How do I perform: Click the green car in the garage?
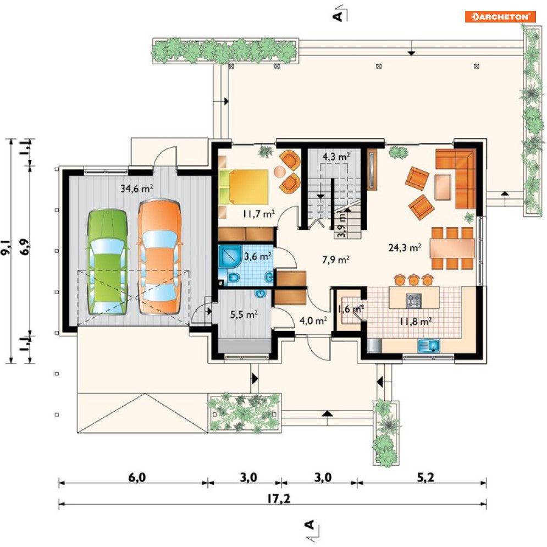pyautogui.click(x=107, y=262)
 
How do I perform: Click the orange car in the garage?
pyautogui.click(x=160, y=257)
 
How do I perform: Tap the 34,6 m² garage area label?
pyautogui.click(x=136, y=189)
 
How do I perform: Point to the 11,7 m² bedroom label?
pyautogui.click(x=258, y=213)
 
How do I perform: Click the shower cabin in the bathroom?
pyautogui.click(x=230, y=256)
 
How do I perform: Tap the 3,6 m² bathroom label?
pyautogui.click(x=257, y=256)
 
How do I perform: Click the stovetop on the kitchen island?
pyautogui.click(x=414, y=301)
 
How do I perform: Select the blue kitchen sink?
pyautogui.click(x=429, y=346)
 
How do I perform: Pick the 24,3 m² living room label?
pyautogui.click(x=405, y=247)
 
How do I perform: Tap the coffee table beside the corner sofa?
pyautogui.click(x=443, y=187)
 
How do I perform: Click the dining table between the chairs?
pyautogui.click(x=452, y=248)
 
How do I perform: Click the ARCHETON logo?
pyautogui.click(x=500, y=16)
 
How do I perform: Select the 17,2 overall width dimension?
pyautogui.click(x=278, y=499)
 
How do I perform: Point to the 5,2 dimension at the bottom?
pyautogui.click(x=426, y=477)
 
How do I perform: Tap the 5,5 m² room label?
pyautogui.click(x=244, y=314)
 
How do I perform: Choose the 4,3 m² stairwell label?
pyautogui.click(x=335, y=157)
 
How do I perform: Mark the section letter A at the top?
pyautogui.click(x=338, y=16)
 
